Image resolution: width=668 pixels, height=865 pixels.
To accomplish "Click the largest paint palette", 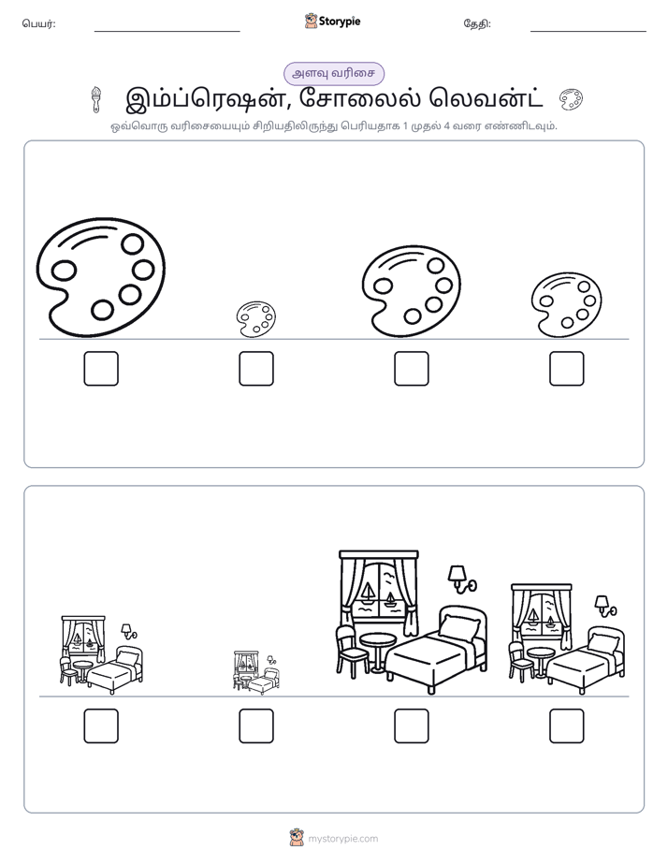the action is coord(101,277).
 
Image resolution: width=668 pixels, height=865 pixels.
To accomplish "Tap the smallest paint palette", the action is coord(255,319).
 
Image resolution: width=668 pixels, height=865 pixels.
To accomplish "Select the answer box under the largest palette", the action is coord(101,369).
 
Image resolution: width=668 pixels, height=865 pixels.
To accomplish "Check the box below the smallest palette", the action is coord(256,369).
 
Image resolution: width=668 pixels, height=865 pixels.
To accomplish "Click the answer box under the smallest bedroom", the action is coord(256,726).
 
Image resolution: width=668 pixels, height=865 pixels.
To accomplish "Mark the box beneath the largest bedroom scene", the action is coord(411,726).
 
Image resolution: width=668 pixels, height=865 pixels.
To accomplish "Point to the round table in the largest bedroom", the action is coord(378,651).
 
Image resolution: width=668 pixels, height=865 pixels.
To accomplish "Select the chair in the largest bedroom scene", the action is coord(350,650).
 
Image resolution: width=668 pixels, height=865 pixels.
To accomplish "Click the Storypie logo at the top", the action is coord(332,22).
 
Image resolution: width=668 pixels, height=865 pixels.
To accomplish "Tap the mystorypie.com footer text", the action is coord(342,839).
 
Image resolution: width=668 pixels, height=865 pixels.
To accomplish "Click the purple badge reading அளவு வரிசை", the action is coord(333,73).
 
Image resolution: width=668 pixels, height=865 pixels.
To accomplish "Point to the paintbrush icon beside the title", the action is coord(96,99).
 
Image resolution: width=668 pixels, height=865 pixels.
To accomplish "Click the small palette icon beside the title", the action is coord(571,99).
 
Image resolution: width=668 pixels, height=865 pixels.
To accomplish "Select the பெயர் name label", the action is coord(38,23).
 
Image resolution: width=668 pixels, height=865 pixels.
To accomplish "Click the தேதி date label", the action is coord(477,23).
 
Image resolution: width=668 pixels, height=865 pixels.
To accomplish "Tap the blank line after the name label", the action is coord(167,32).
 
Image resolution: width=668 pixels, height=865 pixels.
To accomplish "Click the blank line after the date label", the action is coord(588,32).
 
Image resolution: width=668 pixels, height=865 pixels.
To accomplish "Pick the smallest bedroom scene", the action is coord(256,672).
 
